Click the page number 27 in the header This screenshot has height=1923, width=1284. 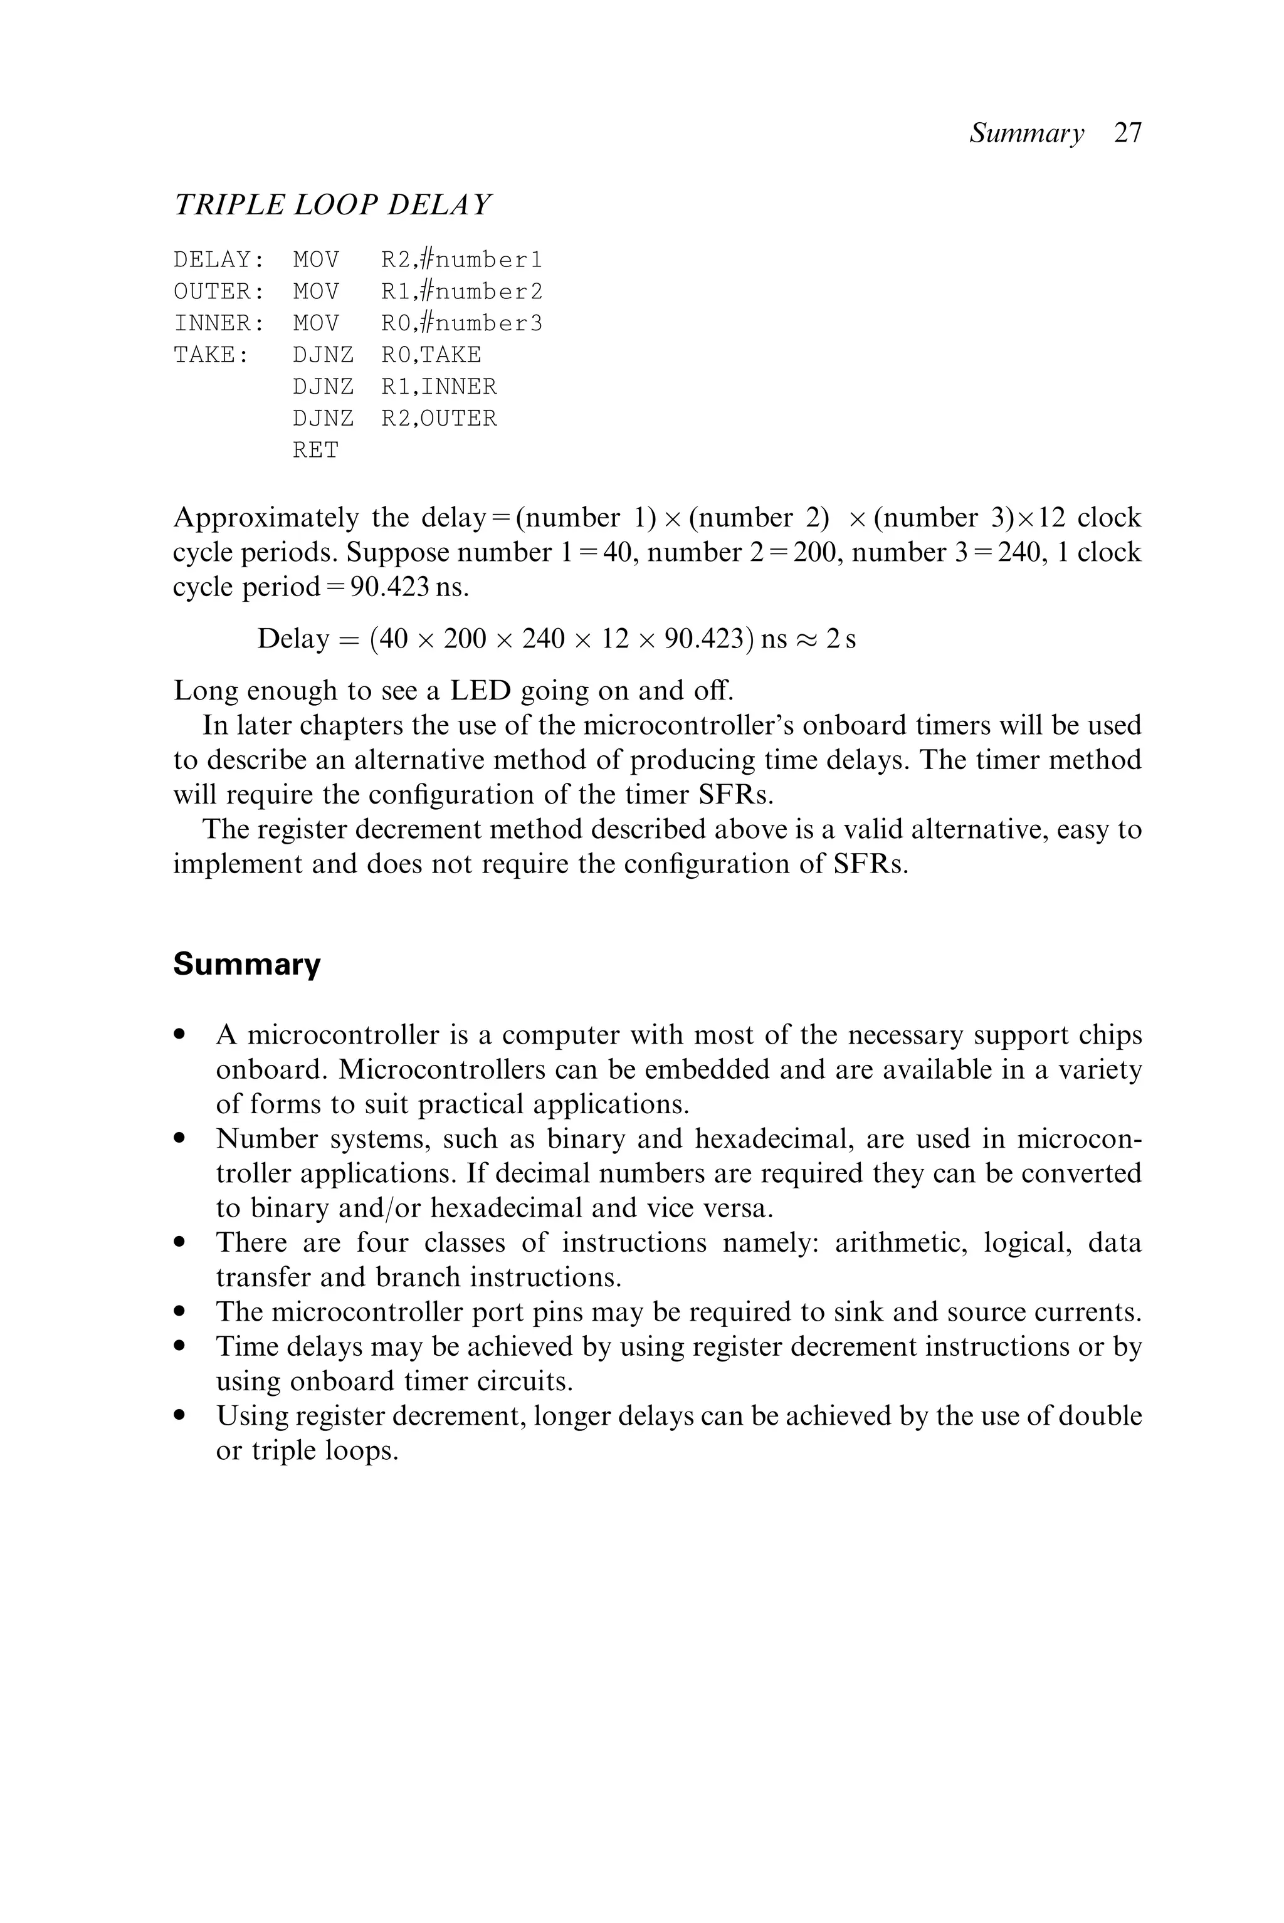[1128, 133]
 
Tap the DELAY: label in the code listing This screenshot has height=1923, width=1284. [219, 260]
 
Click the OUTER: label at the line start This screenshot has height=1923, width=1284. [219, 292]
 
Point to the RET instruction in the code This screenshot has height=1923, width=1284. [315, 450]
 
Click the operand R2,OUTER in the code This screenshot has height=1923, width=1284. [439, 418]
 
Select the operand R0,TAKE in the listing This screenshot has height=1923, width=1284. [431, 355]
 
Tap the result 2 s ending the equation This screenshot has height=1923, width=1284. [840, 639]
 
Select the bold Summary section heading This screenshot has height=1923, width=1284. [246, 965]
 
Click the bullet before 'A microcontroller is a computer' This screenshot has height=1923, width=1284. [180, 1035]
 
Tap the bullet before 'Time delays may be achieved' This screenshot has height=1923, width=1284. [180, 1347]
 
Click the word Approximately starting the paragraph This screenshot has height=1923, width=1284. [265, 518]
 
